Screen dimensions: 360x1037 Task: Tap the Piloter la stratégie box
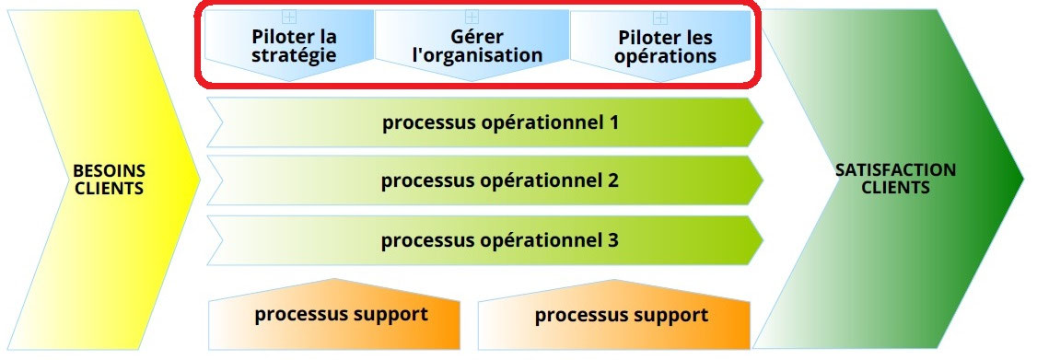293,46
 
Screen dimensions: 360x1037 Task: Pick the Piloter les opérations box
666,46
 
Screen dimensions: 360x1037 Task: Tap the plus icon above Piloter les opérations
660,17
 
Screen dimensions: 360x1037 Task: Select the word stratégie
294,55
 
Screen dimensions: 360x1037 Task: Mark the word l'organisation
477,55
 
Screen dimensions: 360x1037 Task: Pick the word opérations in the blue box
667,55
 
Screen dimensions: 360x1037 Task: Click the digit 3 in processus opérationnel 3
612,240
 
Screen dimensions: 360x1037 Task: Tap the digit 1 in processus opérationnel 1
612,122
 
